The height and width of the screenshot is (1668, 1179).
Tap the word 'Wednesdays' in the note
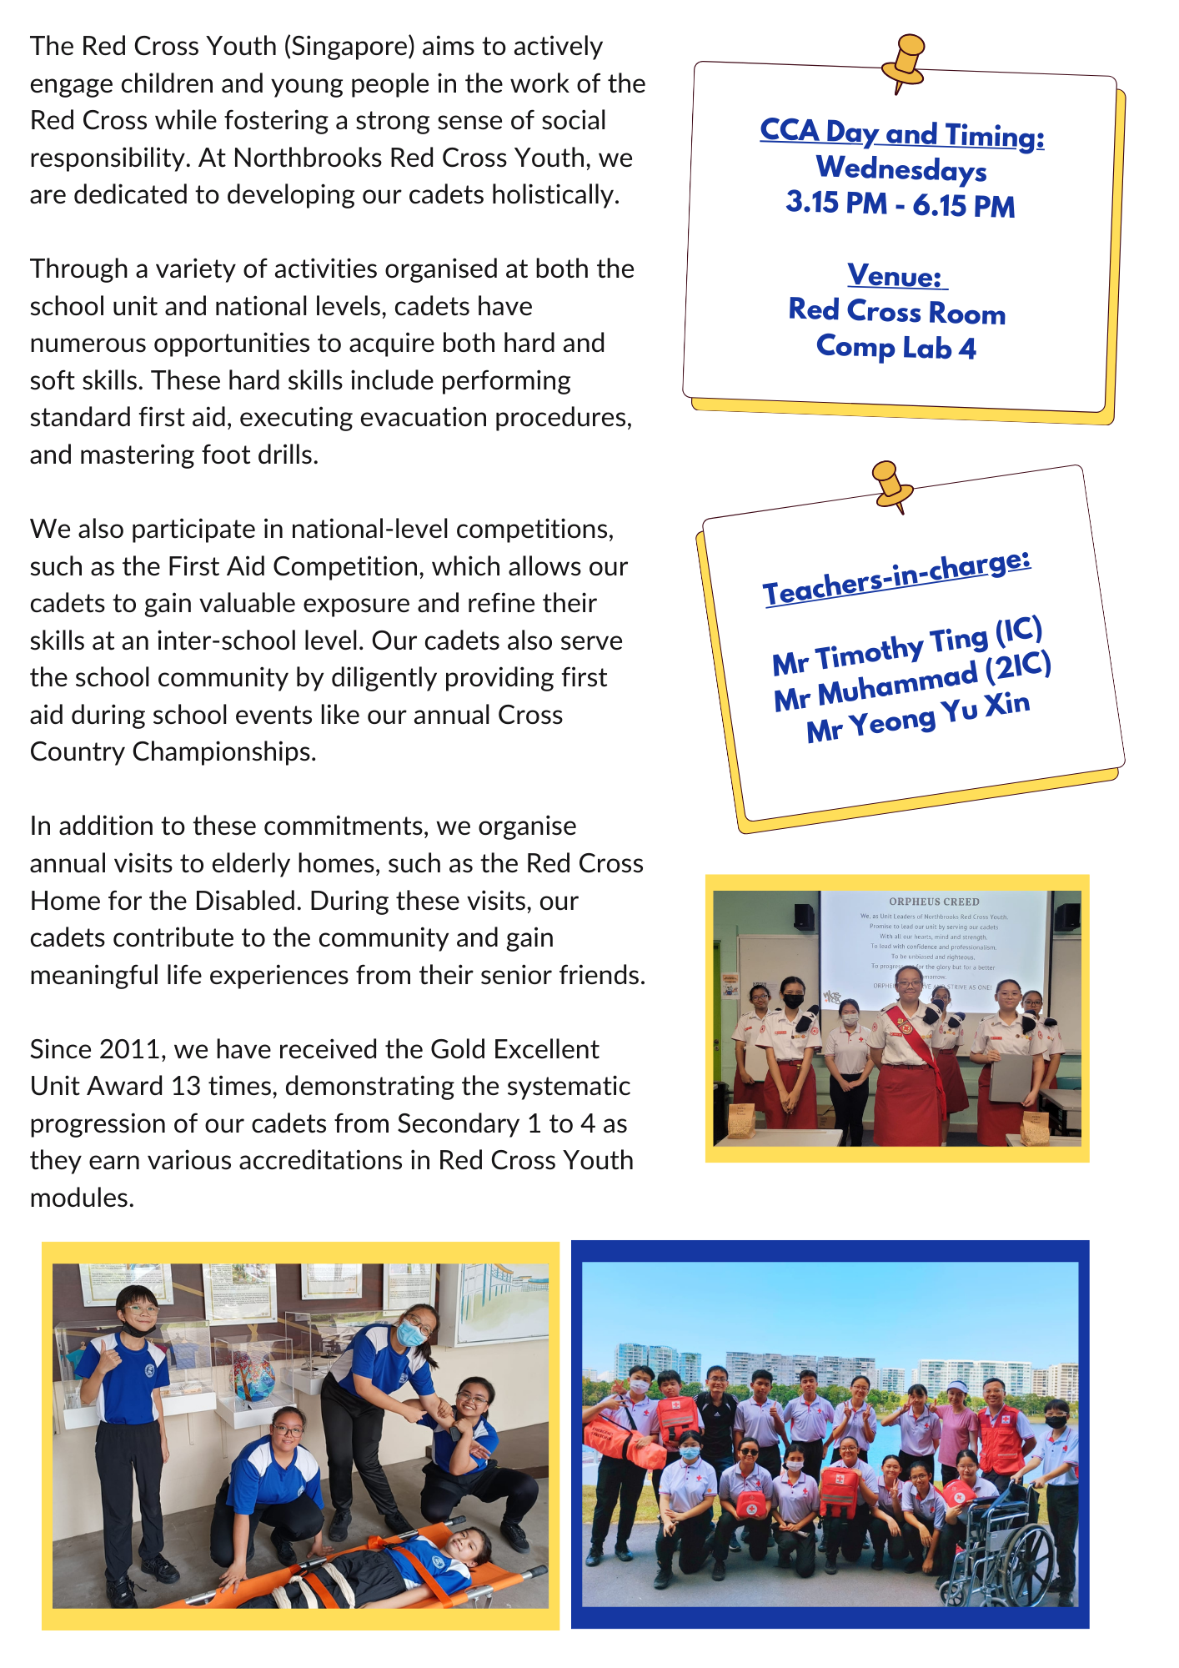pos(901,169)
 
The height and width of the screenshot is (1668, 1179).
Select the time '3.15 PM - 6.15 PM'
pos(901,204)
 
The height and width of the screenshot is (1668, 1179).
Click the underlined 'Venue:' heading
pos(896,276)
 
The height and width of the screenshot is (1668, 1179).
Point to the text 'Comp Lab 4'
pos(896,347)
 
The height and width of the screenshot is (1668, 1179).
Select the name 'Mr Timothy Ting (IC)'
pos(907,646)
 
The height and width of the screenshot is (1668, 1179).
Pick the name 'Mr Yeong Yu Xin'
pos(918,716)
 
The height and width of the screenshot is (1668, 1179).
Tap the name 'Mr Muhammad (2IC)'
pos(912,681)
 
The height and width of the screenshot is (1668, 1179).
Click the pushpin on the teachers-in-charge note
pos(890,485)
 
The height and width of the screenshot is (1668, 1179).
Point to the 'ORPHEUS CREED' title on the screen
pos(934,902)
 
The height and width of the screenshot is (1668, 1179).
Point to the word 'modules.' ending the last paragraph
pos(82,1198)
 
